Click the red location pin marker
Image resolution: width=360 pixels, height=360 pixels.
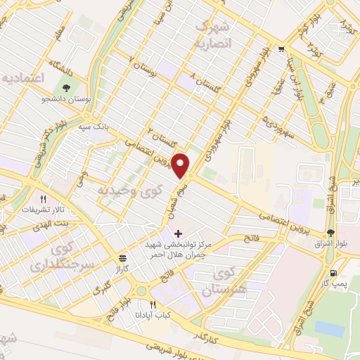click(182, 165)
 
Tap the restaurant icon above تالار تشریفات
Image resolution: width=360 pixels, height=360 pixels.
click(44, 199)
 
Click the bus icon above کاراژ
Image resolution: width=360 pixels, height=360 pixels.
click(123, 258)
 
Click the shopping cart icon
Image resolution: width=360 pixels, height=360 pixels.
click(281, 49)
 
